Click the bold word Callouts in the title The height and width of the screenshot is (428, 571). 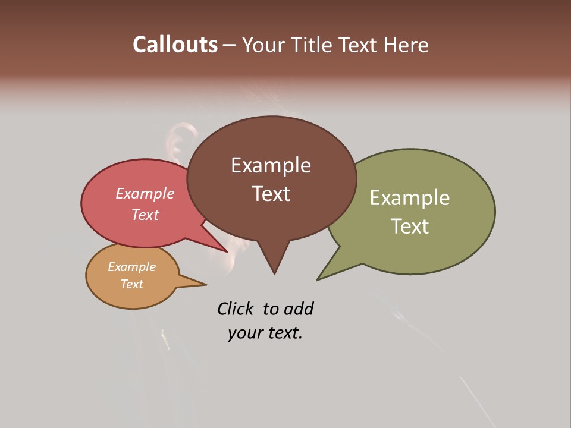[x=175, y=45]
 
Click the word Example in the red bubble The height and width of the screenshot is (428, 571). [x=145, y=194]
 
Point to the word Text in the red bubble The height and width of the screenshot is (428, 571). [x=145, y=215]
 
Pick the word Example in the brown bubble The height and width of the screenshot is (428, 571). [x=271, y=165]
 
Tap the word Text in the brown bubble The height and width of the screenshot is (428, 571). [x=271, y=194]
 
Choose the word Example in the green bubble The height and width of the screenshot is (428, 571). [x=410, y=197]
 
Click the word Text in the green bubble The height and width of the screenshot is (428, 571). [x=410, y=226]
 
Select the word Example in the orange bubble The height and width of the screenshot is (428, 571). [x=131, y=267]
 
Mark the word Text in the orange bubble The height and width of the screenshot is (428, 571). [x=131, y=284]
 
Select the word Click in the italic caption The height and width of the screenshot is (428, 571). [x=236, y=309]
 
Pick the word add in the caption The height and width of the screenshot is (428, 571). [x=298, y=309]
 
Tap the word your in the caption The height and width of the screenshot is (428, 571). [x=241, y=333]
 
